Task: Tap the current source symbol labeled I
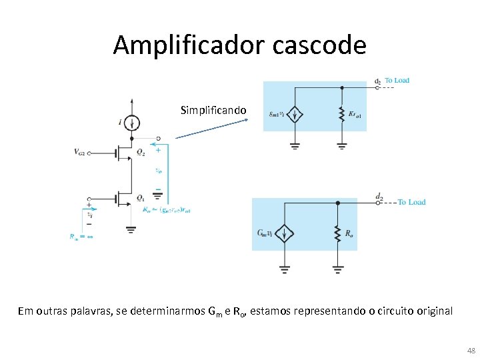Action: pos(133,122)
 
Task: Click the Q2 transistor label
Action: pos(141,152)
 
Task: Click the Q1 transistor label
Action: pos(141,198)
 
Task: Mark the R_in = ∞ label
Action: pos(81,235)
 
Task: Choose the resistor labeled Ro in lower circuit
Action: pos(338,233)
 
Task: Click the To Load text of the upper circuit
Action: pos(397,81)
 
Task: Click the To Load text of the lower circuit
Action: pos(411,202)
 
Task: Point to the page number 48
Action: pos(471,351)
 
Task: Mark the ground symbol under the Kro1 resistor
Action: pos(341,145)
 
